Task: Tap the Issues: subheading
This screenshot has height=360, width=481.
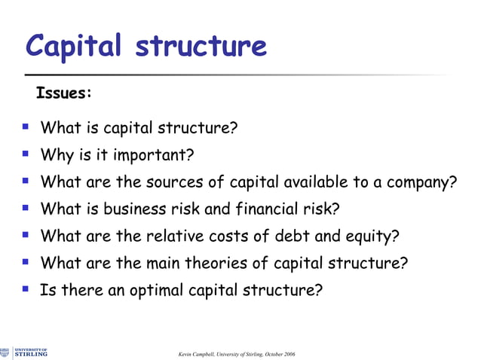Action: tap(64, 94)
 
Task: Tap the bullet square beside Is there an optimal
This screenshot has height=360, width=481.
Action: tap(26, 289)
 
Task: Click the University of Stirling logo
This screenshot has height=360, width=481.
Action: tap(25, 352)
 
